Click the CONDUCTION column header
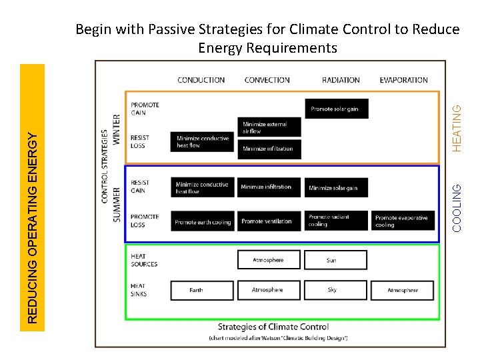201,80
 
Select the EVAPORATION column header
403,80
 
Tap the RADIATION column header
341,80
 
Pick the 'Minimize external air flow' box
269,127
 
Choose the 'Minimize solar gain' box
336,188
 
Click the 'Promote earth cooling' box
203,221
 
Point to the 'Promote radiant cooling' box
336,221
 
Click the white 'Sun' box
335,260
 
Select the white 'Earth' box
203,290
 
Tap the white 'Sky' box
335,290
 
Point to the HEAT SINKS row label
139,290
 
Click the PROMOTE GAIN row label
145,109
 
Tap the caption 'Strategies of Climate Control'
273,327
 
